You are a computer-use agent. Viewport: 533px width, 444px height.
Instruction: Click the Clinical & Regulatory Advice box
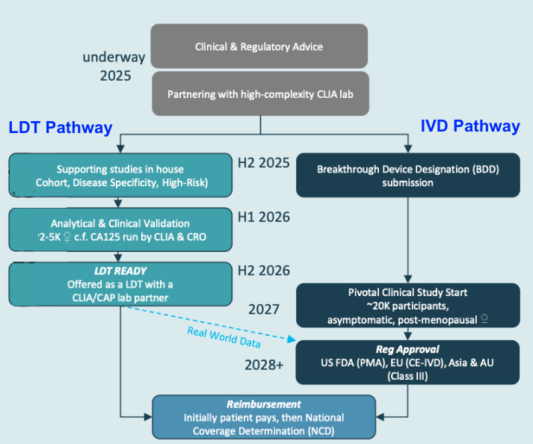259,46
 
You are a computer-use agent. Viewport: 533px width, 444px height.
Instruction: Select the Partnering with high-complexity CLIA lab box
259,94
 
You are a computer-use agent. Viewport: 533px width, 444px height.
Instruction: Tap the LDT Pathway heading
61,128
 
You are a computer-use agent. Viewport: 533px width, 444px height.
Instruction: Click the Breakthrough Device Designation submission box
407,176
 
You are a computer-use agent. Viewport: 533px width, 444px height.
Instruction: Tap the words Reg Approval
407,349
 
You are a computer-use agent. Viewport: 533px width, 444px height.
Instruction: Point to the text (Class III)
407,377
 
